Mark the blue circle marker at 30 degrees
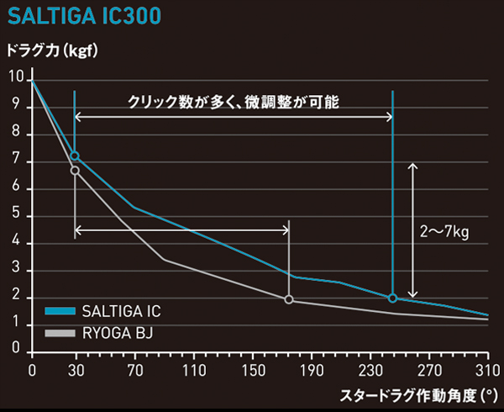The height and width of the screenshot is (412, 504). [75, 156]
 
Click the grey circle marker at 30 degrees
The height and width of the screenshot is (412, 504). [75, 171]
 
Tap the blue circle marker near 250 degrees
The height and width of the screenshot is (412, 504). [392, 298]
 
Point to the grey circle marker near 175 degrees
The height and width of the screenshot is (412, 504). [289, 299]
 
